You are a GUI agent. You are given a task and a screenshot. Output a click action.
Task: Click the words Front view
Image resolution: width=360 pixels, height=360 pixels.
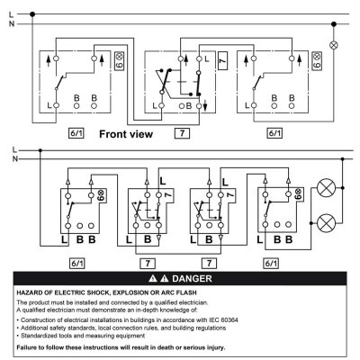click(126, 134)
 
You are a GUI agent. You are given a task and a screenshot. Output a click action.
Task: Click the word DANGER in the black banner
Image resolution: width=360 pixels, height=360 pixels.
click(192, 279)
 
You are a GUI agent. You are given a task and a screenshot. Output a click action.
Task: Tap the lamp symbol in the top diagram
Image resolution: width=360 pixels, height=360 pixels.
click(334, 45)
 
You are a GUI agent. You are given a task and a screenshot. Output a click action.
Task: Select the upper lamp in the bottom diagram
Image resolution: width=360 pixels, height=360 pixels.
click(326, 188)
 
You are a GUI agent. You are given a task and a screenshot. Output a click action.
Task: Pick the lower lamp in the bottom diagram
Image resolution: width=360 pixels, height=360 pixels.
click(326, 223)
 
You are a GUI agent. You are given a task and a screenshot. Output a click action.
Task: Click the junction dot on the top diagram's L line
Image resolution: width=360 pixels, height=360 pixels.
click(32, 14)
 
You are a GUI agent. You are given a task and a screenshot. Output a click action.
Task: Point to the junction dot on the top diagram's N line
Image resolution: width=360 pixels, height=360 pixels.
click(334, 24)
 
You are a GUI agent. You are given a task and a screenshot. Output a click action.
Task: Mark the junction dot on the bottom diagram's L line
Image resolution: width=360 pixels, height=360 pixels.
click(40, 150)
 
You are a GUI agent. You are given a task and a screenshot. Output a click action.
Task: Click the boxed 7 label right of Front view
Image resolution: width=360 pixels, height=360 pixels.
click(182, 133)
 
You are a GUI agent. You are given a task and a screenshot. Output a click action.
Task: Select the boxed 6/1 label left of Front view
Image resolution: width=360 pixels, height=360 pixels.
click(76, 133)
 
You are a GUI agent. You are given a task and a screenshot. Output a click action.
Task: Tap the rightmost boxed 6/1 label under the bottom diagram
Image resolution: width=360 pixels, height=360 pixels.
click(271, 264)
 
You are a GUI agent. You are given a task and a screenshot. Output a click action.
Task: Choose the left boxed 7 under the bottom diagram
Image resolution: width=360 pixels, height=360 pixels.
click(148, 264)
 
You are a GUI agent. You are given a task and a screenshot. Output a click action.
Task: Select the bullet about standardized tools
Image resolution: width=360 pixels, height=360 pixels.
click(81, 336)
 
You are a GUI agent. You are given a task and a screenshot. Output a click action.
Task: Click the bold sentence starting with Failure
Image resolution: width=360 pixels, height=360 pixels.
click(121, 347)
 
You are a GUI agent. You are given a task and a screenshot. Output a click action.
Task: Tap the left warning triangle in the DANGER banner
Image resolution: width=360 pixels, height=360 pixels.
click(153, 279)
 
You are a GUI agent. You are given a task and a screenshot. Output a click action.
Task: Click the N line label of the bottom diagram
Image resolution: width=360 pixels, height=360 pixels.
click(15, 158)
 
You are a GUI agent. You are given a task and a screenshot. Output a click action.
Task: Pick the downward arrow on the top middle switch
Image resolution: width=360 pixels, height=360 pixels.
click(205, 106)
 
